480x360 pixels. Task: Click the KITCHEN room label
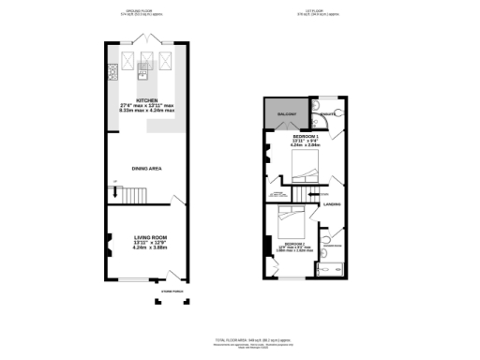146,99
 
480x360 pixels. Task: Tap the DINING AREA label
146,168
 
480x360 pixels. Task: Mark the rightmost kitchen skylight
166,62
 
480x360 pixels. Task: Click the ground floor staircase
129,195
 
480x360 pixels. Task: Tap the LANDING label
331,203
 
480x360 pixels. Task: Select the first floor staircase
302,194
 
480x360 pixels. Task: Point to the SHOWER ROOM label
334,246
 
